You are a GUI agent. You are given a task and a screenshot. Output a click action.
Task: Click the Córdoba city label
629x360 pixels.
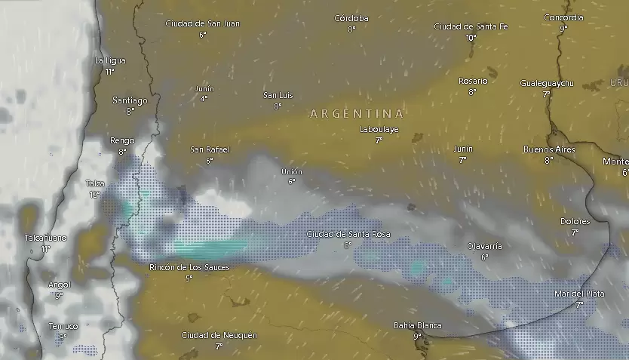(351, 18)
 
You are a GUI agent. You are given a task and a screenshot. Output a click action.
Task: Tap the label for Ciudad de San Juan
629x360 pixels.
(203, 23)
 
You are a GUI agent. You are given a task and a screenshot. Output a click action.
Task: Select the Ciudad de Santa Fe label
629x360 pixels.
(471, 26)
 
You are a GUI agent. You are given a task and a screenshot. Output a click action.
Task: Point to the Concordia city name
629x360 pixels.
(563, 17)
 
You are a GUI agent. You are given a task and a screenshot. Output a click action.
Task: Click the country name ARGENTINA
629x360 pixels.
(357, 114)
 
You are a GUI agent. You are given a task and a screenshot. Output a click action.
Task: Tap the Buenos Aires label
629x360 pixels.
(549, 149)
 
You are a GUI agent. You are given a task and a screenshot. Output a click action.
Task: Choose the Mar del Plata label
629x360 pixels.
(579, 294)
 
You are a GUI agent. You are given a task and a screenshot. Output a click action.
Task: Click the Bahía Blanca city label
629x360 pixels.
(417, 325)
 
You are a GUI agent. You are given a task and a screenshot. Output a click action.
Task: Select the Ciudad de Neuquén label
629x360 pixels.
(219, 335)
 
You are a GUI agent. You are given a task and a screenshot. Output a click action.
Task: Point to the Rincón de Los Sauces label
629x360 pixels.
(189, 268)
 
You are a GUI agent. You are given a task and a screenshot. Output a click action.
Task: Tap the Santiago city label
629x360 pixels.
(130, 100)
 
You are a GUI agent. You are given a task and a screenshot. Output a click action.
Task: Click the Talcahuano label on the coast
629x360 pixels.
(45, 238)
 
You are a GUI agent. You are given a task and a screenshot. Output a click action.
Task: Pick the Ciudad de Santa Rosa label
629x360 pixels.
(348, 235)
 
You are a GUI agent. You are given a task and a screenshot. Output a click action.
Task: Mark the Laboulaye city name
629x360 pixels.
(379, 130)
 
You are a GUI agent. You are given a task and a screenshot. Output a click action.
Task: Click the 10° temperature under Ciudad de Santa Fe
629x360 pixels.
(471, 38)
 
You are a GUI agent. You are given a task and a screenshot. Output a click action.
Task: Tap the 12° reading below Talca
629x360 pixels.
(94, 195)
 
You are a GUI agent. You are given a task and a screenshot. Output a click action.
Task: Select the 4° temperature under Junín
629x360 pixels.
(204, 99)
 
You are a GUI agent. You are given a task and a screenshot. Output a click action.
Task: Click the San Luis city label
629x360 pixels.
(278, 95)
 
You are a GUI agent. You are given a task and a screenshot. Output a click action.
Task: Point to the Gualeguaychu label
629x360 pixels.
(547, 83)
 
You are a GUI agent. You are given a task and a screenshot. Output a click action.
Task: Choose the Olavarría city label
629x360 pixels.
(484, 246)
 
